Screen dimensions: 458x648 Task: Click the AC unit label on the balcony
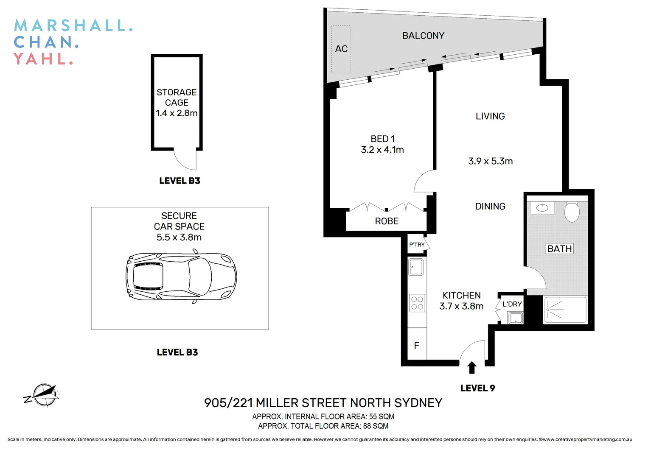pyautogui.click(x=341, y=49)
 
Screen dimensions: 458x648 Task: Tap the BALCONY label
pyautogui.click(x=423, y=36)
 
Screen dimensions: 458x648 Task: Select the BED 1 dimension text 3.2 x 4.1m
pyautogui.click(x=382, y=150)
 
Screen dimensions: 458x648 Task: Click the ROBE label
pyautogui.click(x=387, y=221)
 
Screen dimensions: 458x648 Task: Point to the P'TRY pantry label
pyautogui.click(x=417, y=245)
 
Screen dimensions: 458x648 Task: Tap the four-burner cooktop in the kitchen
pyautogui.click(x=417, y=303)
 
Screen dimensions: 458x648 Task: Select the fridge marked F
pyautogui.click(x=417, y=346)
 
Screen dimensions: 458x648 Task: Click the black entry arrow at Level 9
pyautogui.click(x=471, y=367)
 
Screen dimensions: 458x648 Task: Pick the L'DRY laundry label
pyautogui.click(x=512, y=304)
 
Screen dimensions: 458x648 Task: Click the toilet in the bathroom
pyautogui.click(x=572, y=212)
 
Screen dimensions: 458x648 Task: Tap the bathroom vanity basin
pyautogui.click(x=542, y=208)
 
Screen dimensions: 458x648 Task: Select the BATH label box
pyautogui.click(x=559, y=249)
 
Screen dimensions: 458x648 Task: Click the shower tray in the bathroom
pyautogui.click(x=565, y=310)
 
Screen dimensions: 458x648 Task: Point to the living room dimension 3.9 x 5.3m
pyautogui.click(x=490, y=161)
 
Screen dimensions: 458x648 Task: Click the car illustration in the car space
pyautogui.click(x=181, y=277)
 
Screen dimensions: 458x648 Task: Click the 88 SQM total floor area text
pyautogui.click(x=376, y=426)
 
